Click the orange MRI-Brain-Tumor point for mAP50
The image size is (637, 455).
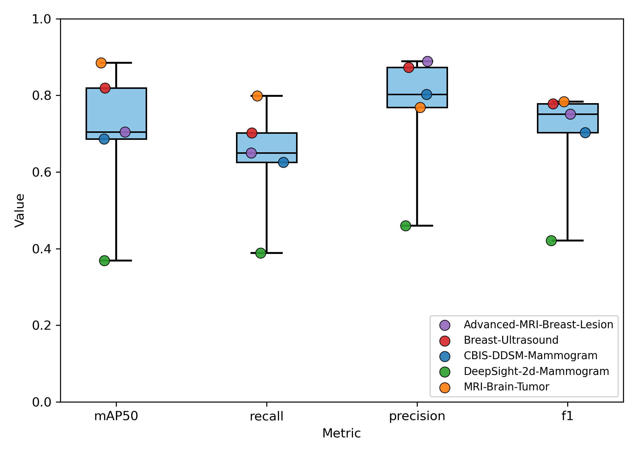(x=101, y=63)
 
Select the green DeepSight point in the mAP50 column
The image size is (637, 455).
(x=104, y=261)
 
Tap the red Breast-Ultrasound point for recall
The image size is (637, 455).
(x=252, y=133)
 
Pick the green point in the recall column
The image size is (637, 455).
(x=261, y=253)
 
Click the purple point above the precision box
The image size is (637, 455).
(x=427, y=61)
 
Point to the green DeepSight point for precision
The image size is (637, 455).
(x=406, y=226)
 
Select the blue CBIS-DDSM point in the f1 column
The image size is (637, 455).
(x=585, y=133)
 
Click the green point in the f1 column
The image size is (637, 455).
(x=551, y=241)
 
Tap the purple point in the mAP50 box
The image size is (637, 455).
(x=125, y=132)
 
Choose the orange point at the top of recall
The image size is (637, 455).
(x=257, y=96)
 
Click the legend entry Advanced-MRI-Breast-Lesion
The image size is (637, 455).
(x=538, y=325)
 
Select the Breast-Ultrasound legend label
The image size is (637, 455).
(x=511, y=340)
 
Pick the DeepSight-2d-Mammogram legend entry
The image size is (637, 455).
(x=536, y=371)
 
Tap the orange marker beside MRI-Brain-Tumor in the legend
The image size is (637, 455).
(x=445, y=387)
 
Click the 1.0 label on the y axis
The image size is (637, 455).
(x=42, y=19)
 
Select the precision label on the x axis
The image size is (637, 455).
(x=417, y=416)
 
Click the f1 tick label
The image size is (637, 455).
(x=567, y=416)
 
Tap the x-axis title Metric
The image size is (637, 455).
(x=342, y=433)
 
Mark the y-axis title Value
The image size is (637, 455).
(x=20, y=211)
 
